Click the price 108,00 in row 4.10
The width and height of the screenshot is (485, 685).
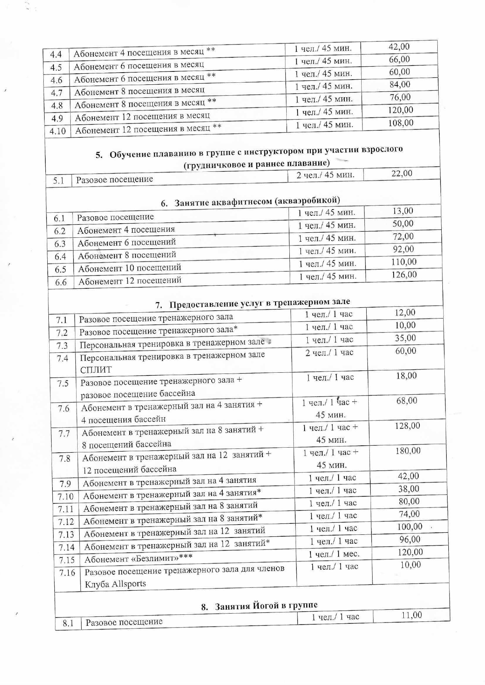(401, 123)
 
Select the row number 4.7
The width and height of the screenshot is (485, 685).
(57, 93)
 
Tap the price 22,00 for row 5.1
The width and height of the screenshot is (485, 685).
(402, 173)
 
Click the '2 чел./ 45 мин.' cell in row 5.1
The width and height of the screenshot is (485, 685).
(325, 175)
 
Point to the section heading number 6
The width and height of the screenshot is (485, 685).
(164, 203)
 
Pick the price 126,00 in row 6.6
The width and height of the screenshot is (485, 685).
(404, 275)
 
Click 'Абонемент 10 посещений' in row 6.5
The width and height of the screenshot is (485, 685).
(130, 268)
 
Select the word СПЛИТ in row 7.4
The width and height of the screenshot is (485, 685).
(96, 370)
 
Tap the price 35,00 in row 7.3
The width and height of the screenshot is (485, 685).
(405, 338)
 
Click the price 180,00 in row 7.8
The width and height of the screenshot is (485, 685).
(408, 451)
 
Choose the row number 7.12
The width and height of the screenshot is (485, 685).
(66, 522)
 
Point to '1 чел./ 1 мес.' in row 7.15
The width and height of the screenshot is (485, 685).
(334, 554)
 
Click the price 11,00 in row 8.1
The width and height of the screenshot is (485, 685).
(412, 615)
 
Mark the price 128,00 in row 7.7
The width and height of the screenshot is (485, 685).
(407, 426)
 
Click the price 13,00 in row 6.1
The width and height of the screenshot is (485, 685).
(403, 211)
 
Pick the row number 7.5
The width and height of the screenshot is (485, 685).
(63, 384)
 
